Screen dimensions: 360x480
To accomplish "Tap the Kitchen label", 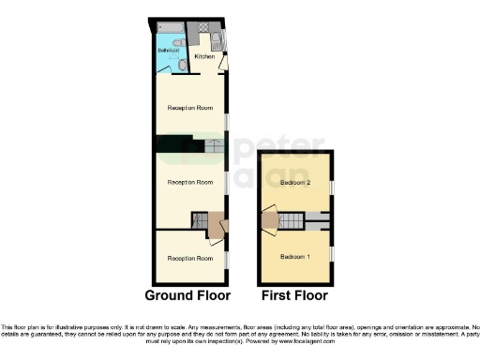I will [203, 56].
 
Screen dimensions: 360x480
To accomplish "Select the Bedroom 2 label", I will [295, 183].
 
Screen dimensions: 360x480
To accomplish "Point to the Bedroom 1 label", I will [295, 254].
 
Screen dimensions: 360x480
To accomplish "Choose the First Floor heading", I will [295, 294].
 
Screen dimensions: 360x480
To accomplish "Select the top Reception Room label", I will [190, 108].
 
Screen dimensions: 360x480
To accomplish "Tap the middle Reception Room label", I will [190, 182].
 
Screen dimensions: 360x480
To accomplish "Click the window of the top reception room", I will [226, 122].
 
